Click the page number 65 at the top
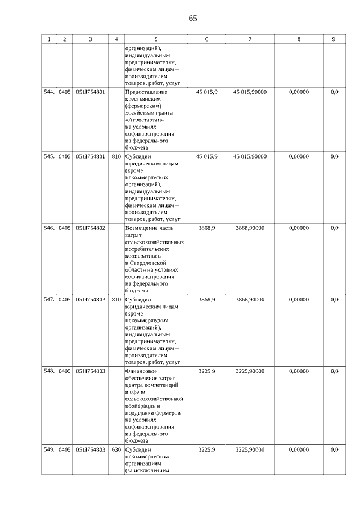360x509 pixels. pos(193,18)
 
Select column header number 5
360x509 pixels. pos(156,39)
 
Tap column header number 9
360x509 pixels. pos(334,39)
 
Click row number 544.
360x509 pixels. pos(49,92)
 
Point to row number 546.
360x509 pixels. pos(49,228)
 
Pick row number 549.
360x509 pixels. pos(49,449)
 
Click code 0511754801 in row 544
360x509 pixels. pos(91,92)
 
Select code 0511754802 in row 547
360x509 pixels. pos(91,300)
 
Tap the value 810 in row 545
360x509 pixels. pos(116,156)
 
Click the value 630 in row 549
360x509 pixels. pos(116,449)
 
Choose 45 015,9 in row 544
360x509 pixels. pos(207,92)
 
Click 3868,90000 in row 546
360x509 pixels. pos(250,228)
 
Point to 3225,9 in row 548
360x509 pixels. pos(207,371)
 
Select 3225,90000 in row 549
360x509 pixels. pos(250,449)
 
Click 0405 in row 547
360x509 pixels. pos(65,300)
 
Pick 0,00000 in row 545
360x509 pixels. pos(299,156)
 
